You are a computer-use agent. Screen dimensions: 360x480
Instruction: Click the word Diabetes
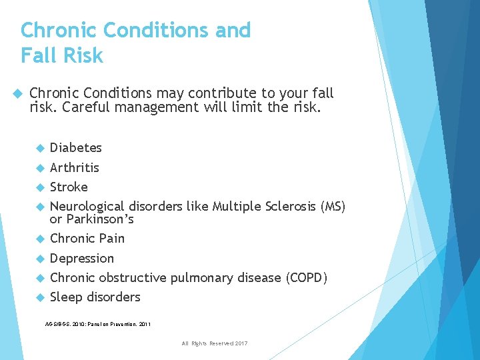pos(76,147)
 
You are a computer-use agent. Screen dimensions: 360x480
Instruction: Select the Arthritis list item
pos(75,167)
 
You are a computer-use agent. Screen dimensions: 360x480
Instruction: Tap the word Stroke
pos(69,187)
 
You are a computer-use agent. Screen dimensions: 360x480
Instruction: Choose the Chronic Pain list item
pos(87,238)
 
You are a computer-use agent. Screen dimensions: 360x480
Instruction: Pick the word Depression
pos(82,258)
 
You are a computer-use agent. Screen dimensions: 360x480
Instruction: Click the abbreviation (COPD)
pos(306,277)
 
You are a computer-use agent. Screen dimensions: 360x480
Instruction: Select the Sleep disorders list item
pos(95,297)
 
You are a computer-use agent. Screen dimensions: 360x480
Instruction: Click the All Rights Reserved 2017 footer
pos(214,343)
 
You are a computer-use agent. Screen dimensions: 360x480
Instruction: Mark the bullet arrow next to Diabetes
pos(40,148)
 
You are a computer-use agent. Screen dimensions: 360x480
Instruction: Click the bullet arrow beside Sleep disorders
pos(40,297)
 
